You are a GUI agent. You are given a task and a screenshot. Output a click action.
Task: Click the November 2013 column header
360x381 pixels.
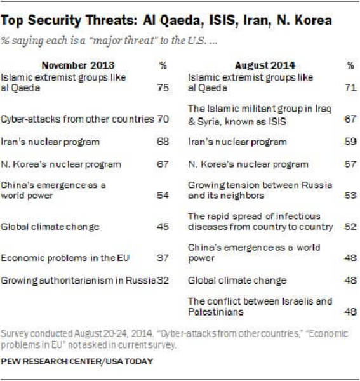78,65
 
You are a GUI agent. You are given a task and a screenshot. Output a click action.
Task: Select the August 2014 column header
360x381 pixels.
265,65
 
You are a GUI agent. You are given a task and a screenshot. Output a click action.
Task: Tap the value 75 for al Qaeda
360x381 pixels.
163,88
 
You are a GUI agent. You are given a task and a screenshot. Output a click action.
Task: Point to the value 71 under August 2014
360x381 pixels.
350,88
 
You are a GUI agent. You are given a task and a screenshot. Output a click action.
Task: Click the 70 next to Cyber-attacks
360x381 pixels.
163,119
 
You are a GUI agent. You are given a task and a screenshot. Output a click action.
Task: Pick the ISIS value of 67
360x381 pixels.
350,119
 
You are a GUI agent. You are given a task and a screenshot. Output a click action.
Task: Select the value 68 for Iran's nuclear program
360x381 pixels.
163,142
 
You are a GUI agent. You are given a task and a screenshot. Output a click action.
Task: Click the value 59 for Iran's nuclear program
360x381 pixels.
350,142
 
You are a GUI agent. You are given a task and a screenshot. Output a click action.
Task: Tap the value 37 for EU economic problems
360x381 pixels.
163,258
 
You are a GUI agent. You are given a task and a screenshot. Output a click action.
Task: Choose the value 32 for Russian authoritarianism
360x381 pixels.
163,281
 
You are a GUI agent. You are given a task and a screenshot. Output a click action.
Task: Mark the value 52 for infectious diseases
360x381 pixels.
350,227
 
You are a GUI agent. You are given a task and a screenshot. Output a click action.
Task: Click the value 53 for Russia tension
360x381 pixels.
350,195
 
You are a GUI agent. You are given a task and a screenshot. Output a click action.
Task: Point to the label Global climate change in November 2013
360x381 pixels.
50,227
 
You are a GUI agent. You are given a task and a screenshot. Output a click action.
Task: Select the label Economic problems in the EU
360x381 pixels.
65,258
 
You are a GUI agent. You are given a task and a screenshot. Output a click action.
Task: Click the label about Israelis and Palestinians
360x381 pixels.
260,307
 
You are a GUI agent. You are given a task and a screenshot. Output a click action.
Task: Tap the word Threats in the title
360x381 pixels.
111,20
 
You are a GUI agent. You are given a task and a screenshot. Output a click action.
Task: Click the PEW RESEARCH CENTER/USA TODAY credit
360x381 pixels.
77,361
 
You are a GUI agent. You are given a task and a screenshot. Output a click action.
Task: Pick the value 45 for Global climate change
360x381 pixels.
163,227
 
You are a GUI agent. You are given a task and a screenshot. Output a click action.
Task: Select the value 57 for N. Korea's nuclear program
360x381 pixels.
350,164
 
